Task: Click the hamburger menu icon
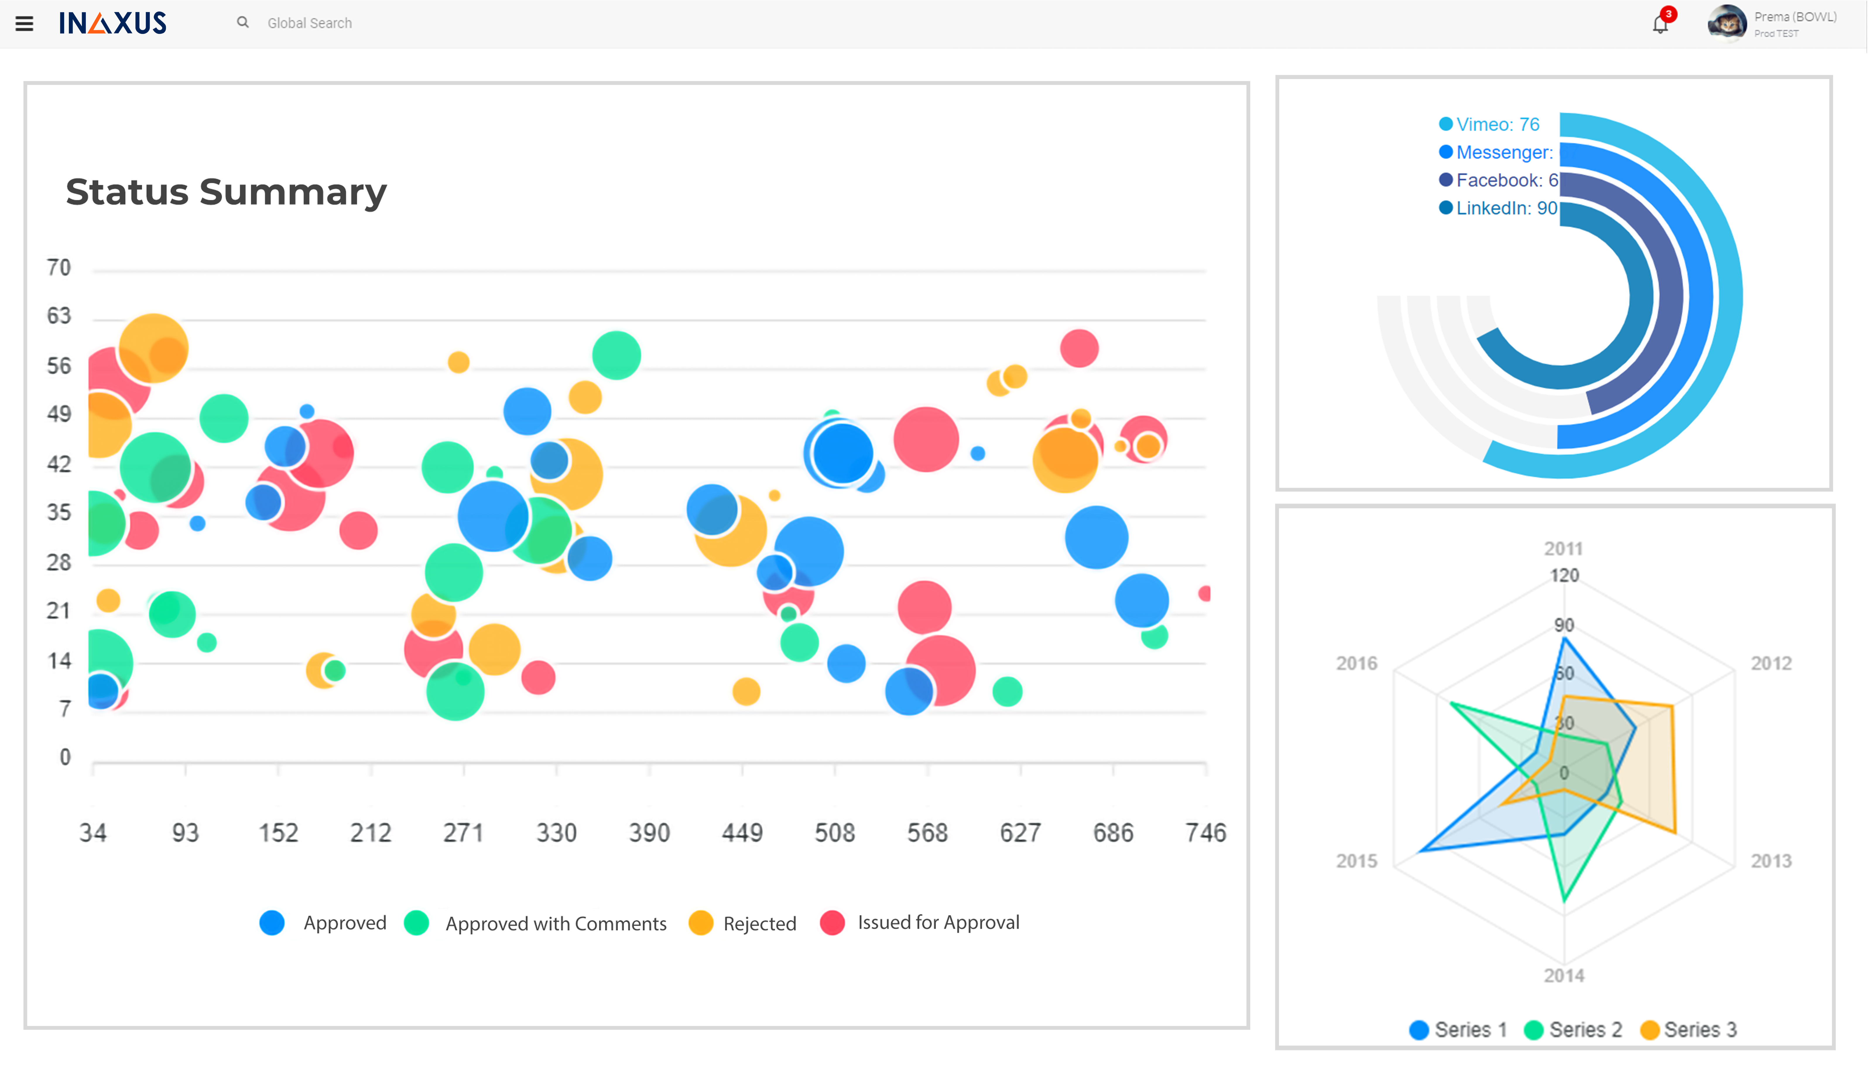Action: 24,23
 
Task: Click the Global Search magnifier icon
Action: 242,23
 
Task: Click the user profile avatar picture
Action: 1727,23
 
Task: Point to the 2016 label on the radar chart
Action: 1356,664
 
